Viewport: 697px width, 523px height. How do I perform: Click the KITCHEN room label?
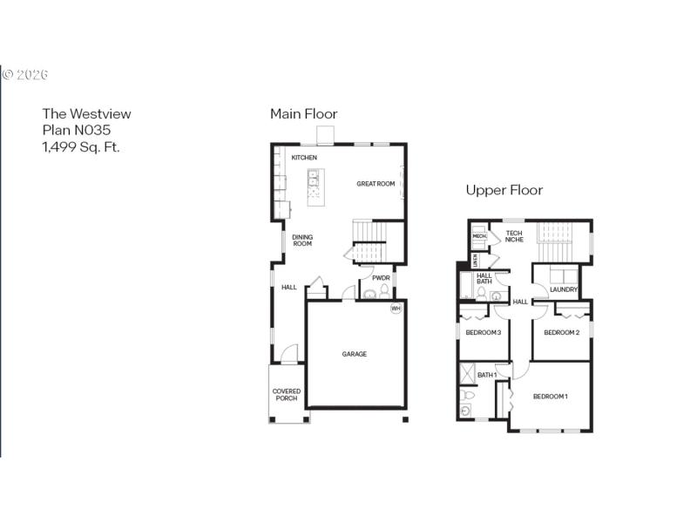[x=304, y=158]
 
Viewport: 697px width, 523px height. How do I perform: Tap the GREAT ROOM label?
[x=376, y=184]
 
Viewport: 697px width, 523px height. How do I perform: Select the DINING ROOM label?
[x=302, y=241]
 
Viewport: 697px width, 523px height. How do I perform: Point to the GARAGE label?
[x=354, y=354]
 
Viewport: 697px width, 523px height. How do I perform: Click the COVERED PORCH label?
[x=287, y=395]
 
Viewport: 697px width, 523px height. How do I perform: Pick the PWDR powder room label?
[x=381, y=279]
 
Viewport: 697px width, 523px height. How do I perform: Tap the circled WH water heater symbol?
[x=396, y=308]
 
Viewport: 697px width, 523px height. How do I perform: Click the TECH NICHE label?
[x=514, y=236]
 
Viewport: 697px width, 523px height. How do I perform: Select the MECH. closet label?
[x=479, y=236]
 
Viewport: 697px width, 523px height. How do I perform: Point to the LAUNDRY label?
[x=564, y=289]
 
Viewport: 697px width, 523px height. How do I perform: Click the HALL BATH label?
[x=484, y=279]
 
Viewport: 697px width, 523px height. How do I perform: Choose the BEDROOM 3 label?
[x=483, y=333]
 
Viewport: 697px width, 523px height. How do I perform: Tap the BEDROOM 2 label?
[x=562, y=333]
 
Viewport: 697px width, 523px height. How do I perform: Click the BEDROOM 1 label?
[x=551, y=397]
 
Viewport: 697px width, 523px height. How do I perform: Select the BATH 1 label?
[x=487, y=375]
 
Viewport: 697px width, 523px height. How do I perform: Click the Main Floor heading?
[x=303, y=114]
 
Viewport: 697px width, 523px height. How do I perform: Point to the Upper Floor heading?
[x=504, y=190]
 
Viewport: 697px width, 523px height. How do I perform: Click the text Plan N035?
[x=77, y=130]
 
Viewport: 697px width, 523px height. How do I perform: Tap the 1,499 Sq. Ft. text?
[x=81, y=146]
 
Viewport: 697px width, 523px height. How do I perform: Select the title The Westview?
[x=86, y=113]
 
